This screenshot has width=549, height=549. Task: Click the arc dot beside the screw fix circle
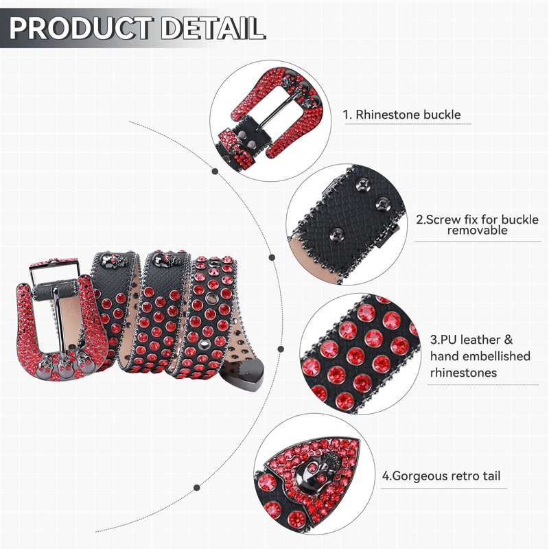tap(272, 258)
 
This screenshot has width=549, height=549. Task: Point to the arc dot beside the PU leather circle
tap(280, 349)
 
